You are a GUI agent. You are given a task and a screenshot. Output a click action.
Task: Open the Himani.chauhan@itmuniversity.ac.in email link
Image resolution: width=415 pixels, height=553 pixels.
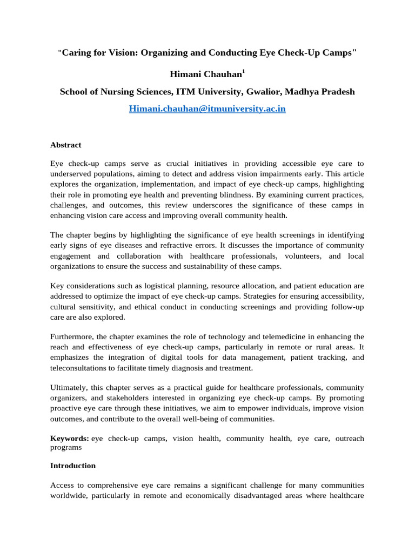coord(207,109)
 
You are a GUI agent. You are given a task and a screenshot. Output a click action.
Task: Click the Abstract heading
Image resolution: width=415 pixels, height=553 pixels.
coord(66,145)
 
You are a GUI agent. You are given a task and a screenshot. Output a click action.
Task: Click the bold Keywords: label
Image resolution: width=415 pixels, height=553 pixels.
coord(70,439)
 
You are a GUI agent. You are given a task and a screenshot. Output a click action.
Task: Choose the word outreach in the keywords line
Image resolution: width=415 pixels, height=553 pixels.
coord(350,439)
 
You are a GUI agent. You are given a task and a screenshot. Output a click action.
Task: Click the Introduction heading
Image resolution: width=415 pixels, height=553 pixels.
coord(73,466)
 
